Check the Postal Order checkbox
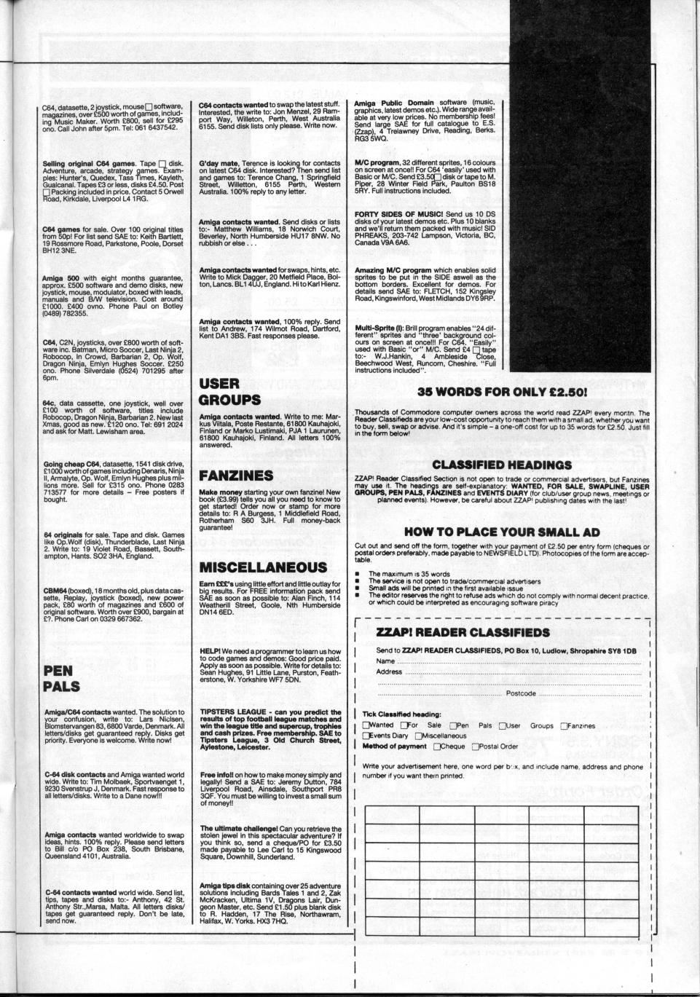(x=476, y=746)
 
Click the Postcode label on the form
(x=520, y=694)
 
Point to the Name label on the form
(x=385, y=661)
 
